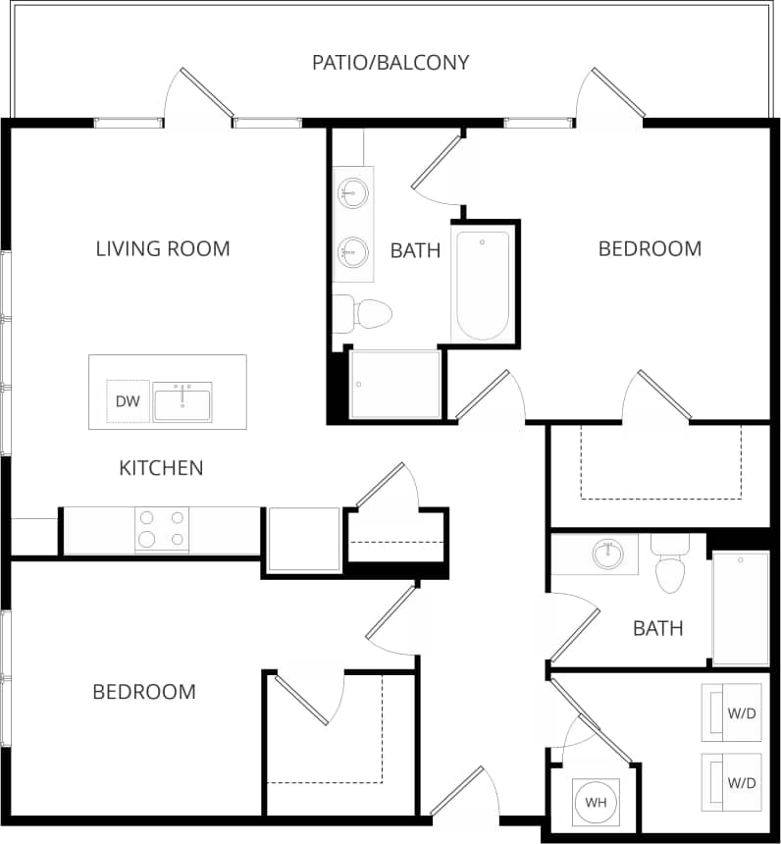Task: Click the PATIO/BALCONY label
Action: pyautogui.click(x=390, y=63)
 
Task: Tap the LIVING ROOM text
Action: pyautogui.click(x=163, y=248)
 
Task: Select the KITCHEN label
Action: pyautogui.click(x=161, y=468)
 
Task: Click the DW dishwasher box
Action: pyautogui.click(x=127, y=400)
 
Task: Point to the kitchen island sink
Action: pyautogui.click(x=182, y=401)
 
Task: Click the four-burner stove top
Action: pyautogui.click(x=162, y=529)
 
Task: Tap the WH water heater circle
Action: pyautogui.click(x=596, y=802)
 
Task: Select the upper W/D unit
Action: pyautogui.click(x=732, y=712)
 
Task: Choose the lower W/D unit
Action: pyautogui.click(x=732, y=782)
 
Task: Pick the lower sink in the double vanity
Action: pyautogui.click(x=351, y=250)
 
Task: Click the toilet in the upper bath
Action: pyautogui.click(x=365, y=314)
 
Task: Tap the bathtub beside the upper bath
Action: pyautogui.click(x=483, y=285)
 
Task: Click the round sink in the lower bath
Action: pyautogui.click(x=608, y=554)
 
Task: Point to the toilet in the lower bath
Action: pyautogui.click(x=670, y=567)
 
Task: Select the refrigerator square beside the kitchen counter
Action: pyautogui.click(x=303, y=539)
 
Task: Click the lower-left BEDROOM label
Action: pyautogui.click(x=144, y=692)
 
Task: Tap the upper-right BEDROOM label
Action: pyautogui.click(x=650, y=248)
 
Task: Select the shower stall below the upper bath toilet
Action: pyautogui.click(x=394, y=384)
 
